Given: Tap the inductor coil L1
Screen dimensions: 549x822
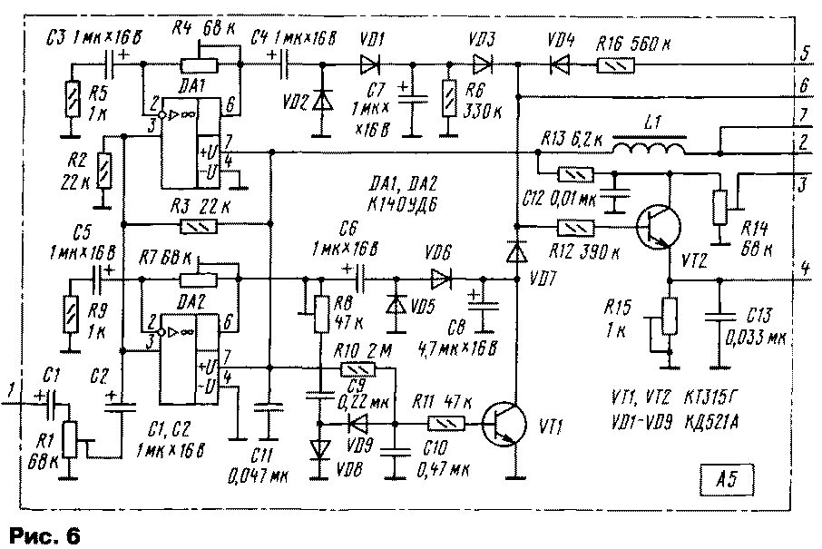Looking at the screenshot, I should point(649,146).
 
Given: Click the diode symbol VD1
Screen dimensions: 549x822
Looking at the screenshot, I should point(369,64).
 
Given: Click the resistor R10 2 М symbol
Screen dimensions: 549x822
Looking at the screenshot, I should point(358,368).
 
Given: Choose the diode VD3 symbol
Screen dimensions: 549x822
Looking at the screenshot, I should point(480,64).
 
